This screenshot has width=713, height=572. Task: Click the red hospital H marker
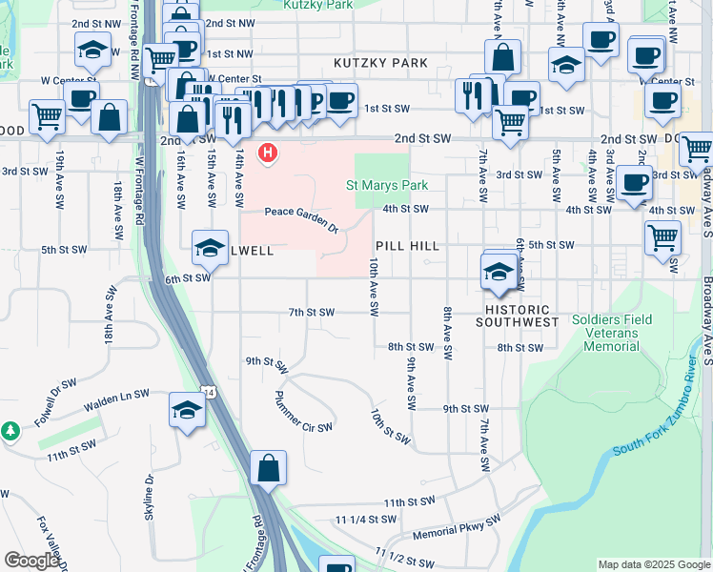point(269,152)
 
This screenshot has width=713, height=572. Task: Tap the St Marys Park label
point(386,185)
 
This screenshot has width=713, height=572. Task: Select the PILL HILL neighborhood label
point(407,246)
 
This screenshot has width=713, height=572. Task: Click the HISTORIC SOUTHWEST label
point(518,317)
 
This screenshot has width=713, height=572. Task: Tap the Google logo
point(31,561)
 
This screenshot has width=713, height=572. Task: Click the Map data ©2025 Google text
point(653,564)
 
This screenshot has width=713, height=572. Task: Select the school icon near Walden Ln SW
point(187,411)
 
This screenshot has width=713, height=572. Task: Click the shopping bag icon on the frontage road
point(269,468)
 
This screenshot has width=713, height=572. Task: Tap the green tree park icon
point(11,432)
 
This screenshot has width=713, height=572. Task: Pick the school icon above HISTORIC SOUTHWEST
point(499,273)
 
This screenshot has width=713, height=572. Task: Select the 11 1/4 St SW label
point(365,520)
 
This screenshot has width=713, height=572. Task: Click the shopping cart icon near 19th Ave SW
point(47,117)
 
